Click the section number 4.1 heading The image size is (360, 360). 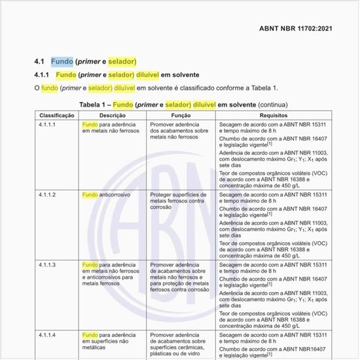[39, 62]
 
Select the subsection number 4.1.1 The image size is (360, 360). [43, 75]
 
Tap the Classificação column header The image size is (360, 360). [58, 115]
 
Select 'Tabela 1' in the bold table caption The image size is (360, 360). [93, 104]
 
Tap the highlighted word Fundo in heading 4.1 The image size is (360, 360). [62, 62]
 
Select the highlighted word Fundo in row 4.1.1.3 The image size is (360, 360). [90, 264]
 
